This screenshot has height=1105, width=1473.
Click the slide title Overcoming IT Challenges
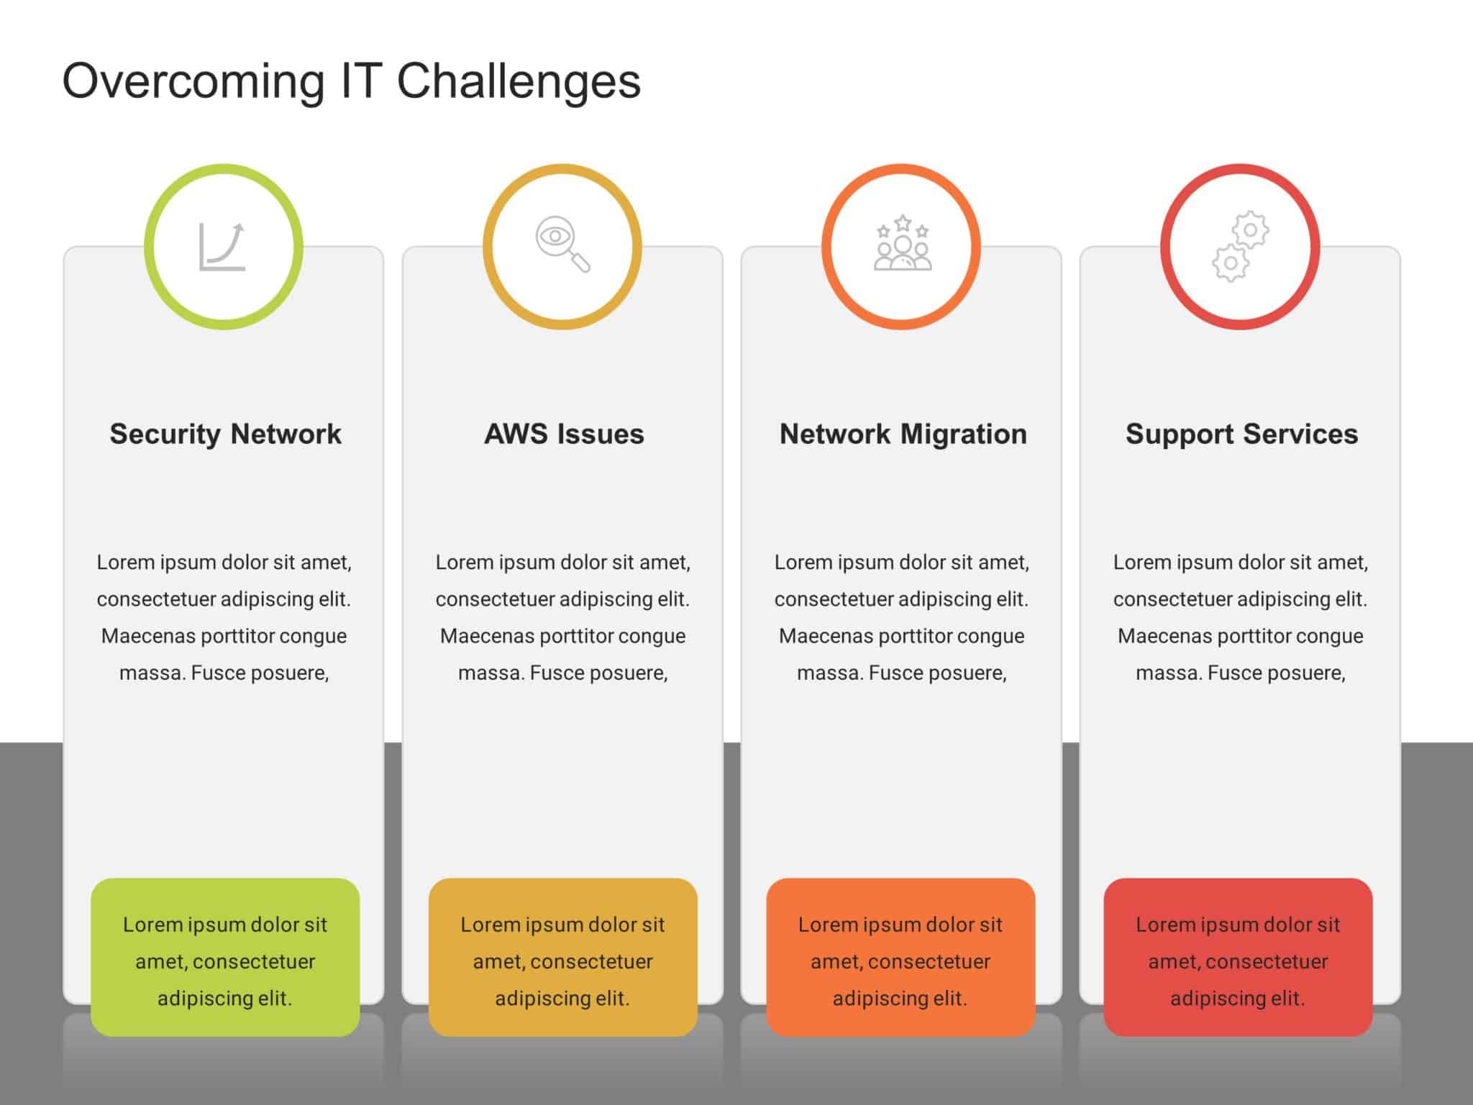(351, 81)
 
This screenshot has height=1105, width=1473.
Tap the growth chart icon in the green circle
(222, 247)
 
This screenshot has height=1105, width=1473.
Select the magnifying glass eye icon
(562, 244)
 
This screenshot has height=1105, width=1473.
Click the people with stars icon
(902, 243)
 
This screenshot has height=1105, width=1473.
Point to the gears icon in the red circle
(1241, 247)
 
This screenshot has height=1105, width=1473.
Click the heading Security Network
(225, 434)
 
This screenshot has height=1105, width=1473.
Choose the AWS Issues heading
(564, 434)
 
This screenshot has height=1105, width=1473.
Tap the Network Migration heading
(903, 434)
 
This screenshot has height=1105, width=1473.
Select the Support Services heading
(1241, 434)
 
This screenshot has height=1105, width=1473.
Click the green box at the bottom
(225, 957)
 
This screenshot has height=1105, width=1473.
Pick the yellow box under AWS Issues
(562, 957)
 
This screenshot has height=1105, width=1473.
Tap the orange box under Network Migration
(900, 957)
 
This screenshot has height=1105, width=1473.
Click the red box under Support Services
(1238, 957)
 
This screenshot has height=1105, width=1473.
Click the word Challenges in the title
(518, 81)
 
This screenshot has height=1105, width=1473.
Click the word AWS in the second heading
(516, 434)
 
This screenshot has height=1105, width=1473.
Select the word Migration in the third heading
(964, 434)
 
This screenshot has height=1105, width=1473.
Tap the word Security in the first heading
(165, 434)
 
